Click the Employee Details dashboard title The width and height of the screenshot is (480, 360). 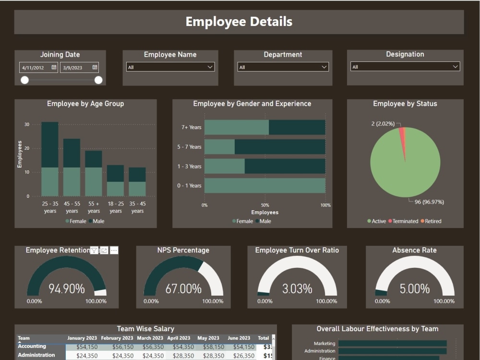point(239,22)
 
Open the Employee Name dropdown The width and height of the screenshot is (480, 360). point(170,67)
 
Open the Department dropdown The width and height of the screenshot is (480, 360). point(283,67)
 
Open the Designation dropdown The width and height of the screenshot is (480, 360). point(405,67)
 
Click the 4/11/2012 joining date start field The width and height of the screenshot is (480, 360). point(38,67)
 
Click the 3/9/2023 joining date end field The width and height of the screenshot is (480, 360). point(79,67)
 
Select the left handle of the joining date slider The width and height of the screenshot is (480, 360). point(24,80)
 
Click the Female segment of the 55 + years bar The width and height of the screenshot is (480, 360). point(94,181)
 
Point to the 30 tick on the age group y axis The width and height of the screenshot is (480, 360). point(27,124)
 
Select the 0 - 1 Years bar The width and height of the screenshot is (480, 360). point(264,186)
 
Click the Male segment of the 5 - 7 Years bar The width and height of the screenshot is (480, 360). point(279,147)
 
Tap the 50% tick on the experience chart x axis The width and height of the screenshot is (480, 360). point(265,205)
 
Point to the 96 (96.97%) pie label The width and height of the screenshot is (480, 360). point(429,202)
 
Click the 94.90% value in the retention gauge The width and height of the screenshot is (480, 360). point(67,288)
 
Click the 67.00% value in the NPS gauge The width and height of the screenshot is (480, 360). point(183,288)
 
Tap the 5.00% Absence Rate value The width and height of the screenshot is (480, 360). point(415,288)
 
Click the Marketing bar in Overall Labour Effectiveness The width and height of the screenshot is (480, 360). point(392,344)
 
